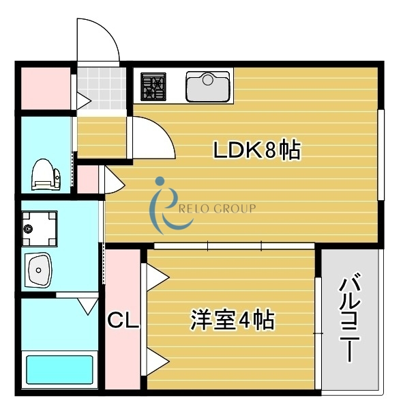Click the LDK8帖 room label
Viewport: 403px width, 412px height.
point(257,150)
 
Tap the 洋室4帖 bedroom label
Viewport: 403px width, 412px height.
point(232,319)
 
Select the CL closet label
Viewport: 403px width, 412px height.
point(123,320)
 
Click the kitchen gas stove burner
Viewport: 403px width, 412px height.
point(154,86)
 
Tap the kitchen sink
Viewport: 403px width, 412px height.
point(208,86)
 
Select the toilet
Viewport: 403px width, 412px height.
point(45,175)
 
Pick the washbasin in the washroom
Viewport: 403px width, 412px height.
point(40,270)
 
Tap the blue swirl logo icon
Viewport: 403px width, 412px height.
point(161,205)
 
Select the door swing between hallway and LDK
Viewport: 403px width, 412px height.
point(151,137)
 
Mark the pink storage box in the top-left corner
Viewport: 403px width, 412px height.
point(43,87)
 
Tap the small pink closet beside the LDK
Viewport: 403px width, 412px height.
point(87,180)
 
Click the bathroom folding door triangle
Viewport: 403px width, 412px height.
point(88,305)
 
